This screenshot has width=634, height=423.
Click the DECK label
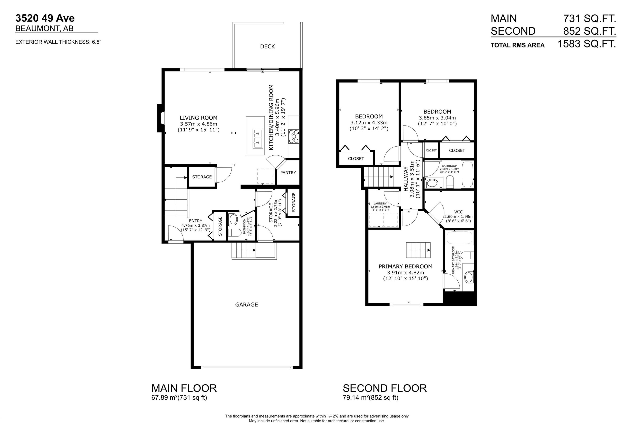[268, 46]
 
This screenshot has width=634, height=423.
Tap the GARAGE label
[246, 305]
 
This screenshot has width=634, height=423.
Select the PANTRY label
[288, 173]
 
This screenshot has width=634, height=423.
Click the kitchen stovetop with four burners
[294, 136]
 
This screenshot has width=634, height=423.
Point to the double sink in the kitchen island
[258, 138]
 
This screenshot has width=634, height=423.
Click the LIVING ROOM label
[198, 118]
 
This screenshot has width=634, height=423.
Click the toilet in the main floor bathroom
[235, 233]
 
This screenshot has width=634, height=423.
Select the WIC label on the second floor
[458, 212]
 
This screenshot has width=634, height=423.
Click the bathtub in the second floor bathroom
[467, 174]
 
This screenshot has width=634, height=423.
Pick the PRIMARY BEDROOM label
[405, 267]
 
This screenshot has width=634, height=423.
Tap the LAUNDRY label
[380, 204]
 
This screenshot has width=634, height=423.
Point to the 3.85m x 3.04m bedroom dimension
[437, 118]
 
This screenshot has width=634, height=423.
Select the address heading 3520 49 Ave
[45, 18]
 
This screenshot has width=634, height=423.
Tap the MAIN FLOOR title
[184, 388]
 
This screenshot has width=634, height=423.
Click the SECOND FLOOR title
[385, 388]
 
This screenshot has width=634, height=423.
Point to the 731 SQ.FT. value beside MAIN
[589, 19]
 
